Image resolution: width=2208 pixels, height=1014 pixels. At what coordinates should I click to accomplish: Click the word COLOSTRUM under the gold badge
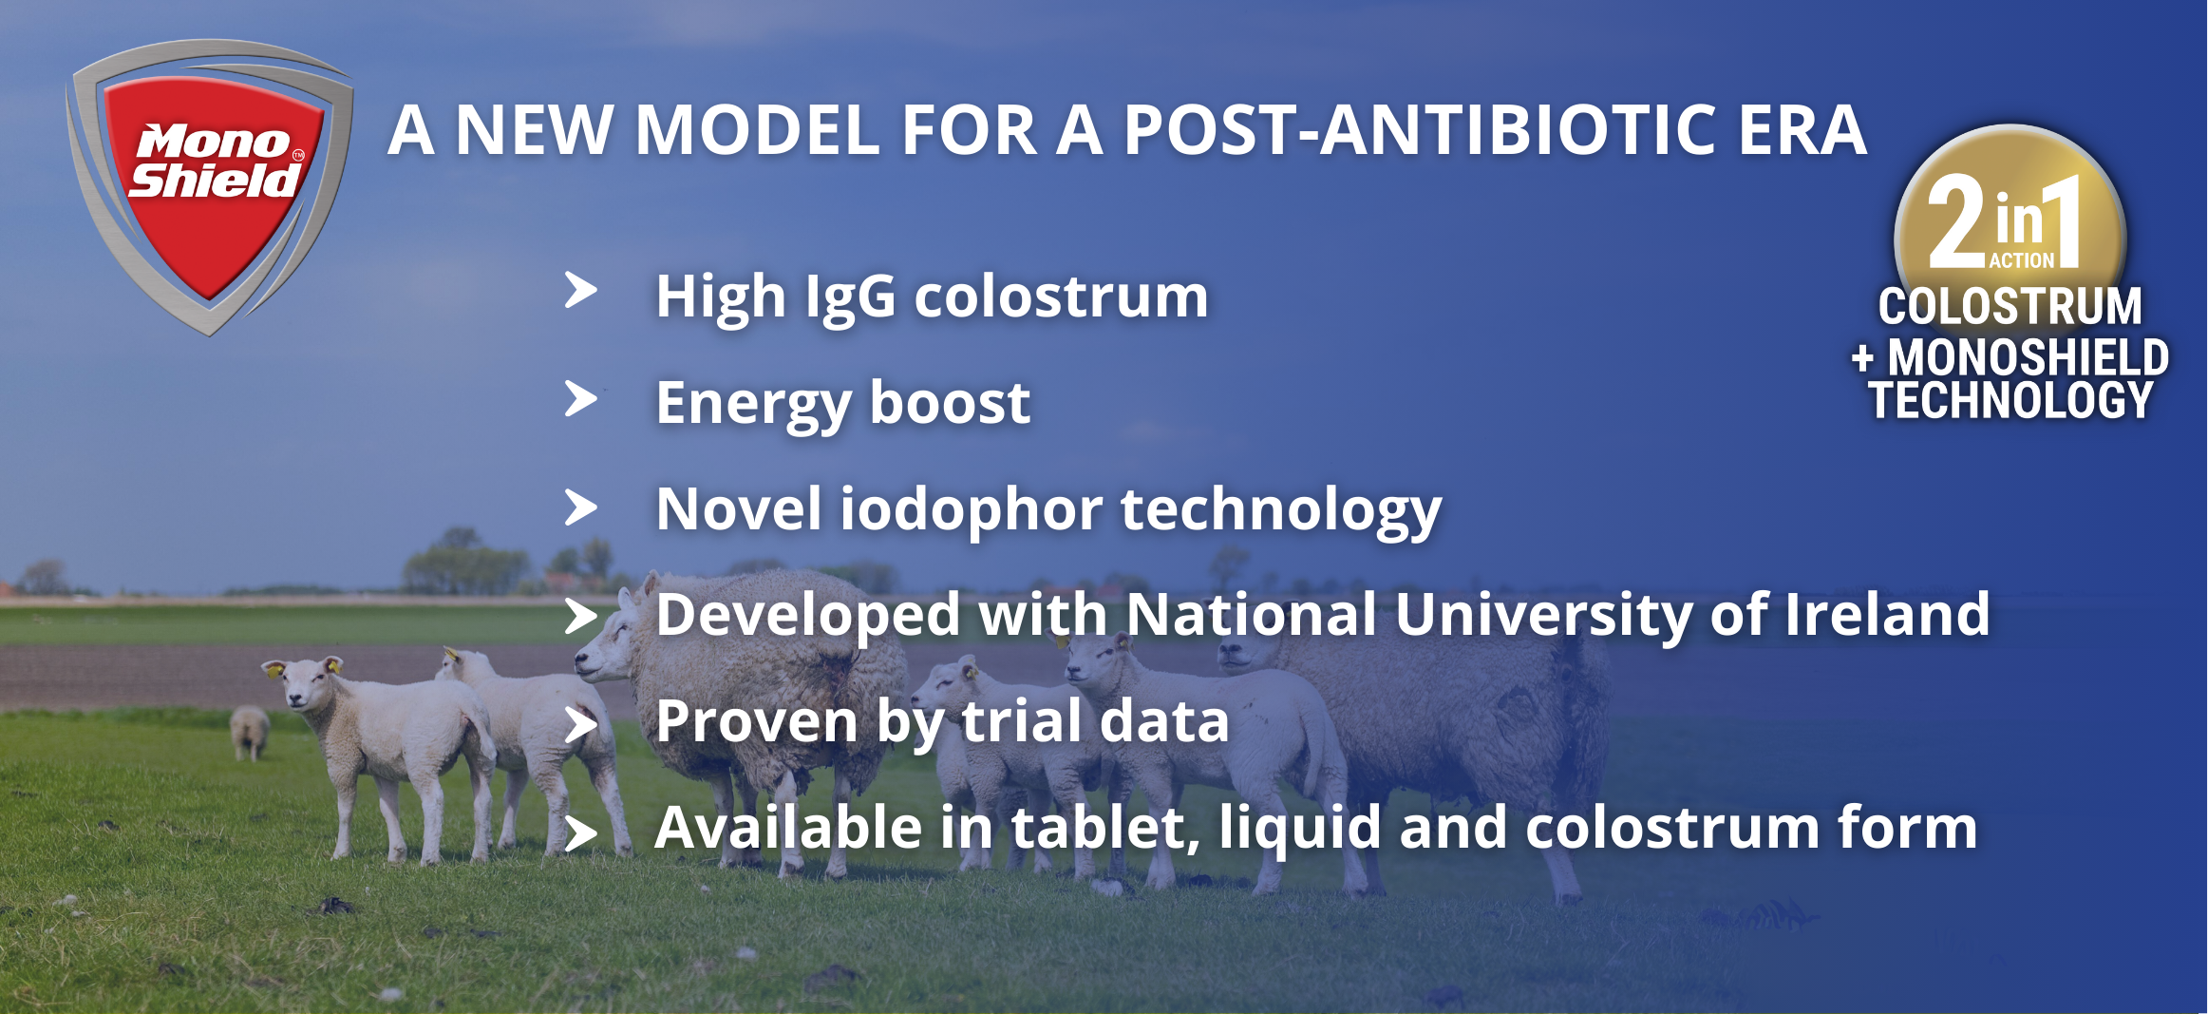[2010, 307]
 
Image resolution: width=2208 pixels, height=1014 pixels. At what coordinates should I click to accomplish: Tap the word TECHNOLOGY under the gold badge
[2010, 400]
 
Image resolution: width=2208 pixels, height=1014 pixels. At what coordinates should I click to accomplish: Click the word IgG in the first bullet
[850, 297]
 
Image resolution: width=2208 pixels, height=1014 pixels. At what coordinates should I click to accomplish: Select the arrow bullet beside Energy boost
[581, 398]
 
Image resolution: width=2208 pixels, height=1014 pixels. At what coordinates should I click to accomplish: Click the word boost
[950, 402]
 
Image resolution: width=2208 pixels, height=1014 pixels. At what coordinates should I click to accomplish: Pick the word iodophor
[971, 509]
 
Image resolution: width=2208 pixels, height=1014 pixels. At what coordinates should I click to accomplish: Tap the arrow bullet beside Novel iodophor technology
[581, 507]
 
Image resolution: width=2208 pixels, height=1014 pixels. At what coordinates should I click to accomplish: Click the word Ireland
[1887, 614]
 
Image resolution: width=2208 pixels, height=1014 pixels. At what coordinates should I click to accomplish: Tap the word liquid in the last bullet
[1300, 829]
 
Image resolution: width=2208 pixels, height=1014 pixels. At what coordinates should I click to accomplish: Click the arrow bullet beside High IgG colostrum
[581, 290]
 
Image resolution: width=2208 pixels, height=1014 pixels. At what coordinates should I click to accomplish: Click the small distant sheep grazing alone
[250, 732]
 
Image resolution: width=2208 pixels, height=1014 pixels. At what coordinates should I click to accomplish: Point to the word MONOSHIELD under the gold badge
[2028, 357]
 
